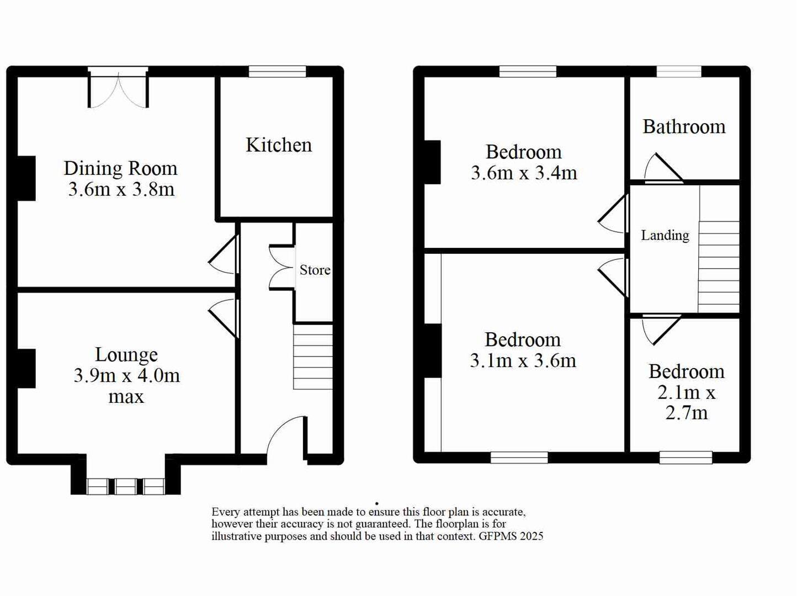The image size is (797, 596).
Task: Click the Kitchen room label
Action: pos(279,145)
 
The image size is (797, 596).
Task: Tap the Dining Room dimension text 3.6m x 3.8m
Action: pos(121,189)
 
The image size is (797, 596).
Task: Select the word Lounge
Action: pos(126,354)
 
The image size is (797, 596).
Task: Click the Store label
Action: pos(315,270)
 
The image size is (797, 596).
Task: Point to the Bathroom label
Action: pos(684,127)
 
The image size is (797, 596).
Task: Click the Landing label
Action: pos(665,236)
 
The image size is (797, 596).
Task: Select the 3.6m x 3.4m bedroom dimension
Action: pos(524,173)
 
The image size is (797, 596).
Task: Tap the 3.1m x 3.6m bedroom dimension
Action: pos(523,360)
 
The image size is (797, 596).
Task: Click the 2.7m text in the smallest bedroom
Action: pos(686,413)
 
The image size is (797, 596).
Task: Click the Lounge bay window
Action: pos(126,486)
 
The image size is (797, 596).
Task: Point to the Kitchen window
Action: pos(277,71)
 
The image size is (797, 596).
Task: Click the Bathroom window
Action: pos(679,71)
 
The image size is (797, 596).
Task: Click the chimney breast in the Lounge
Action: pos(25,368)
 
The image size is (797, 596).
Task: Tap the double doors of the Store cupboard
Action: pos(281,268)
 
